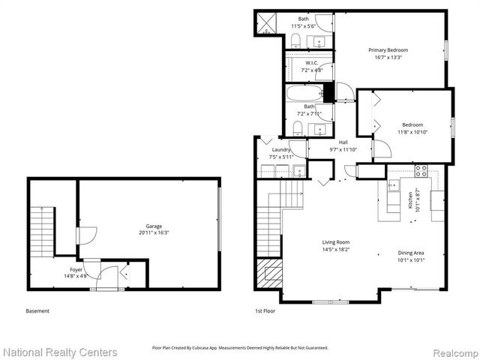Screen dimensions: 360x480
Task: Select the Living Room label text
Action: [x=336, y=241]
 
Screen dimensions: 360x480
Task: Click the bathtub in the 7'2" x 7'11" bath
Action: [x=303, y=94]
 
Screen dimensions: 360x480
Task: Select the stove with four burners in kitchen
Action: [x=421, y=170]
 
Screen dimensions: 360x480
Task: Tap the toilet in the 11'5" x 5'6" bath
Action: [x=295, y=39]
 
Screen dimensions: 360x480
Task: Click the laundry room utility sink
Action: [x=298, y=169]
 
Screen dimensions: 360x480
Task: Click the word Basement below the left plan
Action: [x=38, y=311]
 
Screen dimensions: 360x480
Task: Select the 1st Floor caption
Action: [x=266, y=311]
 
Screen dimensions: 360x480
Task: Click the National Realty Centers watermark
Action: [x=59, y=352]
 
